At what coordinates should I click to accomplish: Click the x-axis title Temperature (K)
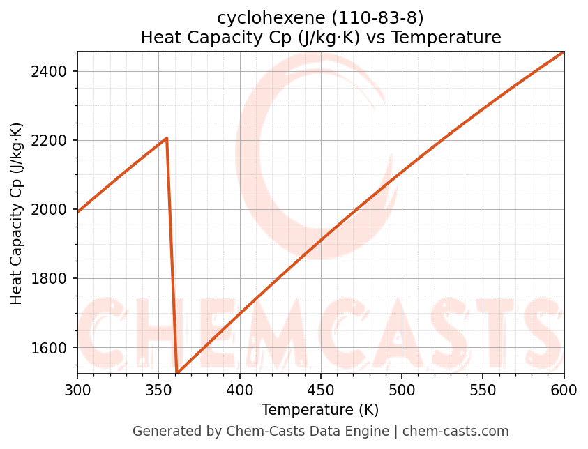coord(320,410)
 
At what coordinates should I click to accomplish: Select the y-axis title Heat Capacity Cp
coord(17,213)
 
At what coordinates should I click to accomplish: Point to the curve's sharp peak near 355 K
coord(167,138)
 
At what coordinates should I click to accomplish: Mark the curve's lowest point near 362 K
coord(178,372)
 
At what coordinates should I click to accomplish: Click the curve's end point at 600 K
coord(563,52)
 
